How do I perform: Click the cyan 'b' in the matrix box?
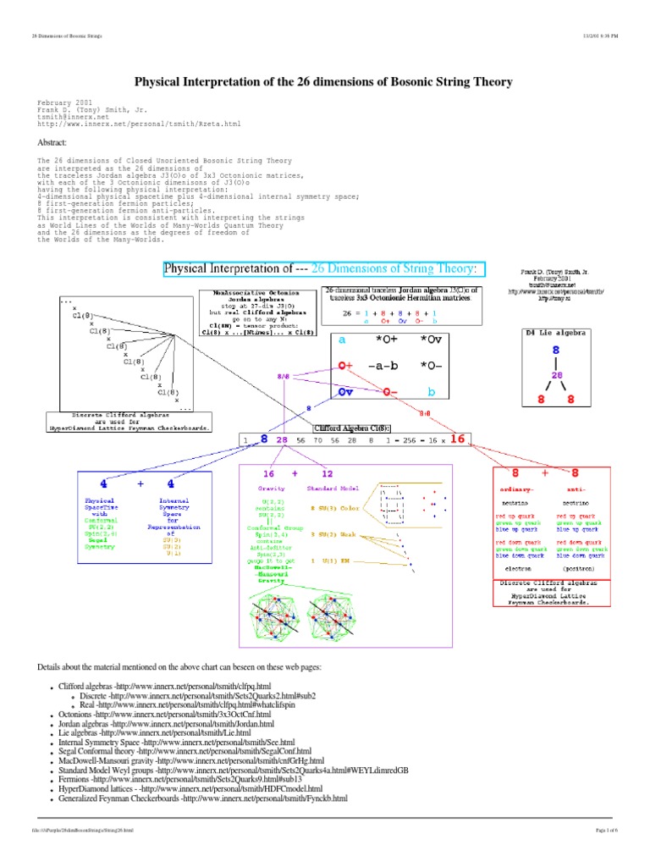click(431, 393)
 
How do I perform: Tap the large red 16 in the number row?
click(457, 439)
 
